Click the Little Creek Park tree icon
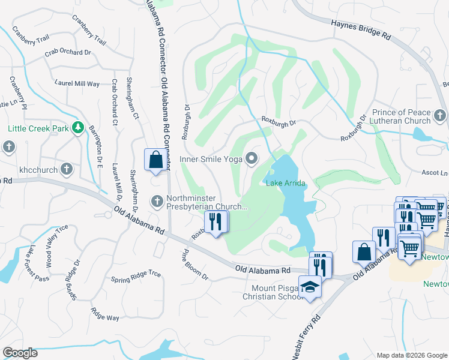(77, 128)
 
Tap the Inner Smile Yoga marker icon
(252, 159)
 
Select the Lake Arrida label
(286, 182)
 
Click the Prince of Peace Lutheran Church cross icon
(440, 114)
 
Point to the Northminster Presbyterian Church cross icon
(157, 200)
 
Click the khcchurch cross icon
(67, 170)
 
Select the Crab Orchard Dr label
(67, 53)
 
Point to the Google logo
(20, 353)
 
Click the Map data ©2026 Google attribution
(412, 355)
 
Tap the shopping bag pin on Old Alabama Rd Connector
(155, 160)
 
